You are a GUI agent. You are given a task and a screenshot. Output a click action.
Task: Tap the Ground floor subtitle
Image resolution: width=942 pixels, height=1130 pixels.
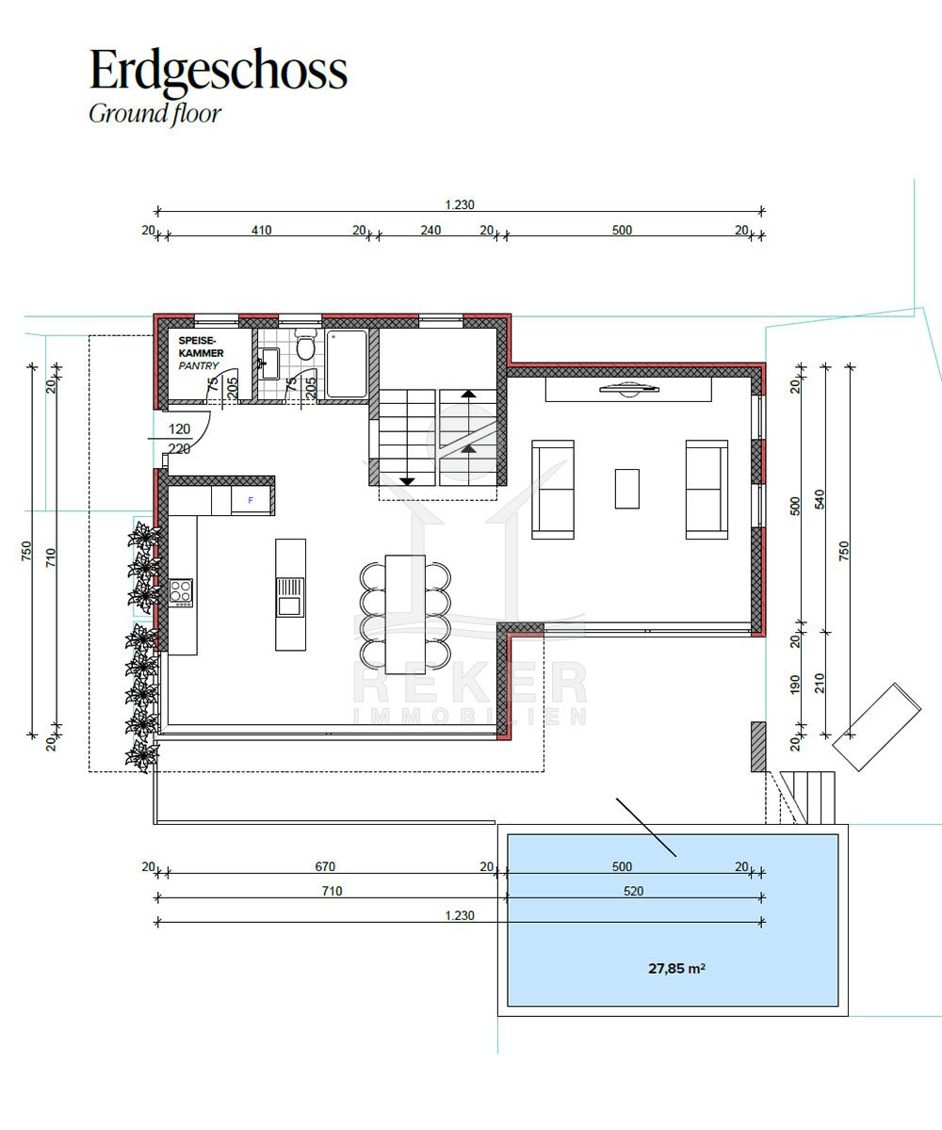click(154, 114)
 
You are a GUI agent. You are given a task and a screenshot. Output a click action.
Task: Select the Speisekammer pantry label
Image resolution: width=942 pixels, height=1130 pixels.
click(201, 353)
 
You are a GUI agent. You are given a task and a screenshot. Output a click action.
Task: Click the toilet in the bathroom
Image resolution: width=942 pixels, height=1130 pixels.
click(305, 345)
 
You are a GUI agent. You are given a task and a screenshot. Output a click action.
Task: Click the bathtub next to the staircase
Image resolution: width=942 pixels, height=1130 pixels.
click(347, 363)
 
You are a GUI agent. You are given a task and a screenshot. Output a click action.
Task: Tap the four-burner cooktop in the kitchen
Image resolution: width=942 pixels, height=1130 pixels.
click(181, 591)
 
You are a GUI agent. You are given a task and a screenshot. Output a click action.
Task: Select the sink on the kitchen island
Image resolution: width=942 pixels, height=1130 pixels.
click(289, 597)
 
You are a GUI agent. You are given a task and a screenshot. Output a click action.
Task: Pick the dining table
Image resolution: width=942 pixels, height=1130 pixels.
click(405, 614)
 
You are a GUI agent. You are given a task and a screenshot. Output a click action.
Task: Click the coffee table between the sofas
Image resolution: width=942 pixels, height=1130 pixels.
click(627, 489)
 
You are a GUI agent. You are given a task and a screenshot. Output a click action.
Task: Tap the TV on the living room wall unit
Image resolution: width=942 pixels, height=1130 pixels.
click(629, 389)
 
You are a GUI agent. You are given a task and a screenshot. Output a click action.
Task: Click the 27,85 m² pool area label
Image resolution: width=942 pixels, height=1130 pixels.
click(676, 968)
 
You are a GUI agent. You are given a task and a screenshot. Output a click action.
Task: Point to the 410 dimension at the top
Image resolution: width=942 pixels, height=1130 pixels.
click(261, 230)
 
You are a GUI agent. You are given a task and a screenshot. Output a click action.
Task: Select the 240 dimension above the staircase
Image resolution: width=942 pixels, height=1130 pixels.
click(430, 230)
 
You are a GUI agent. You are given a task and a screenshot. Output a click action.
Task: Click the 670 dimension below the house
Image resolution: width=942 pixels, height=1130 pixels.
click(325, 866)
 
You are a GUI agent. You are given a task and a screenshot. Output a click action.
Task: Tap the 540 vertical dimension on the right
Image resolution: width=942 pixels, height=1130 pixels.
click(820, 499)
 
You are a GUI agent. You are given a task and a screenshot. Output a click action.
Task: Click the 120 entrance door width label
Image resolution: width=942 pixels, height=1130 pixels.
click(179, 429)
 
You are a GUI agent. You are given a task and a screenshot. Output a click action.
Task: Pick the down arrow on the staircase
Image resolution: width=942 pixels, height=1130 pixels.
click(407, 481)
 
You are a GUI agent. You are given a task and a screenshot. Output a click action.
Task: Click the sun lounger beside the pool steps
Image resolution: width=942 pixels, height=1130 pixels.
click(876, 727)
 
